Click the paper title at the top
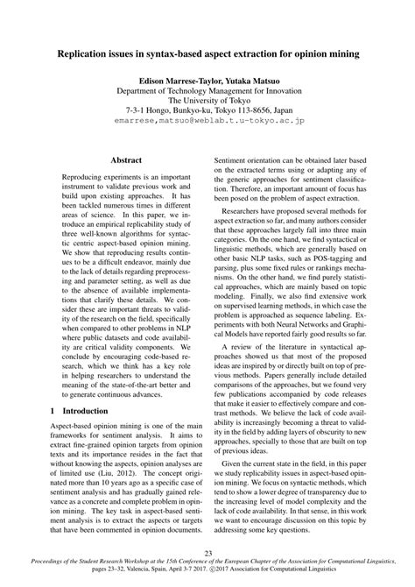point(207,54)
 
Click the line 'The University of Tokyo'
point(207,100)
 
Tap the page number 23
point(207,552)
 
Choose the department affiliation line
point(207,89)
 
